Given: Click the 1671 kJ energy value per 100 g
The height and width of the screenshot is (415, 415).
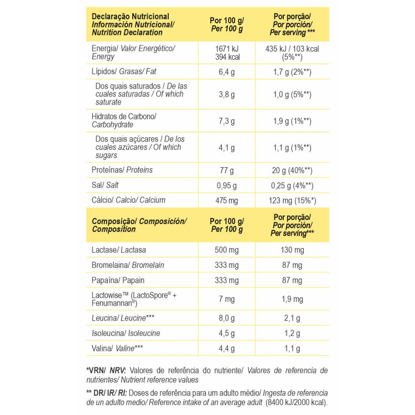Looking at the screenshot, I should [x=227, y=49].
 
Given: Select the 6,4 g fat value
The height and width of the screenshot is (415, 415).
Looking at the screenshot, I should [x=227, y=72].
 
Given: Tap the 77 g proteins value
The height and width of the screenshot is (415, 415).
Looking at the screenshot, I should [x=227, y=170].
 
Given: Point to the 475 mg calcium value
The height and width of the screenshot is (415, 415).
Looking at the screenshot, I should [x=227, y=200].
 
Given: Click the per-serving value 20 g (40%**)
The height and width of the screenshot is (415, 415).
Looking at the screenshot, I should [x=292, y=170].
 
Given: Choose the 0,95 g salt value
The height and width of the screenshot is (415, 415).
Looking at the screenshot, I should [x=227, y=185].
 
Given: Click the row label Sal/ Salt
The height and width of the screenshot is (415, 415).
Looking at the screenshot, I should [x=106, y=185].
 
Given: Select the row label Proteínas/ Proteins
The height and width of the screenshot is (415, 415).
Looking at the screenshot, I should [x=122, y=170].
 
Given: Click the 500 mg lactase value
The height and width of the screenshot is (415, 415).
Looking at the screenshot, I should [x=227, y=250].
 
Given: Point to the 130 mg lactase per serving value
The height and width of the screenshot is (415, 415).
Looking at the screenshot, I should [x=292, y=250].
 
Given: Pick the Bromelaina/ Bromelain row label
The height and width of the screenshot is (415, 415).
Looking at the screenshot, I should [x=128, y=265].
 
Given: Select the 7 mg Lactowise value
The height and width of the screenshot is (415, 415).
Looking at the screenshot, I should [x=227, y=299].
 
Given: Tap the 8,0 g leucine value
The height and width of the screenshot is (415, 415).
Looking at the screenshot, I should [x=227, y=318].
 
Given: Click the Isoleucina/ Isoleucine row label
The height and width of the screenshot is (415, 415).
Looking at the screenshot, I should [x=126, y=333].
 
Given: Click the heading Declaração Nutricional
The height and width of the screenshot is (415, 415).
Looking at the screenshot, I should [x=130, y=17].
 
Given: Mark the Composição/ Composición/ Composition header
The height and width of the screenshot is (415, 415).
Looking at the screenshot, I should [x=139, y=225].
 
